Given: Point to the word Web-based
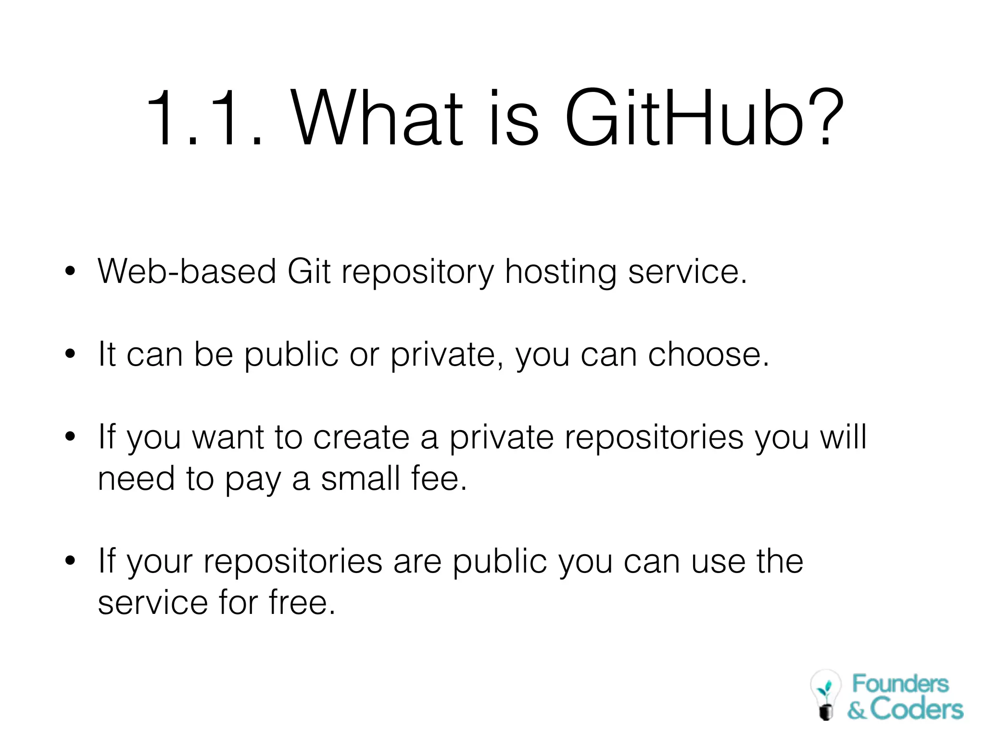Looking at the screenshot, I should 187,271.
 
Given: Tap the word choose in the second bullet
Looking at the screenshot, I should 708,355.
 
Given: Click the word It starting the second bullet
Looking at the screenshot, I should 107,355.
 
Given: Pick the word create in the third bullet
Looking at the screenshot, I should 362,437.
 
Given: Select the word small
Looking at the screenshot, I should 361,479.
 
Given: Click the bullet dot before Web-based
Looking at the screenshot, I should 71,271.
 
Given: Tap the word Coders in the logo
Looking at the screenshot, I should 916,710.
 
